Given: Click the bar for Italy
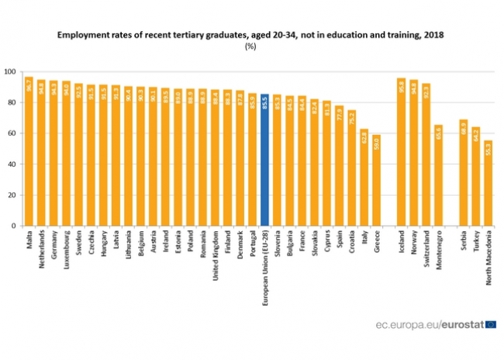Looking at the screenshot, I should pos(364,178).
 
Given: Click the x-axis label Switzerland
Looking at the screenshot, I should pos(426,251).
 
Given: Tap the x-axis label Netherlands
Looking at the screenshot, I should pos(42,252).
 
